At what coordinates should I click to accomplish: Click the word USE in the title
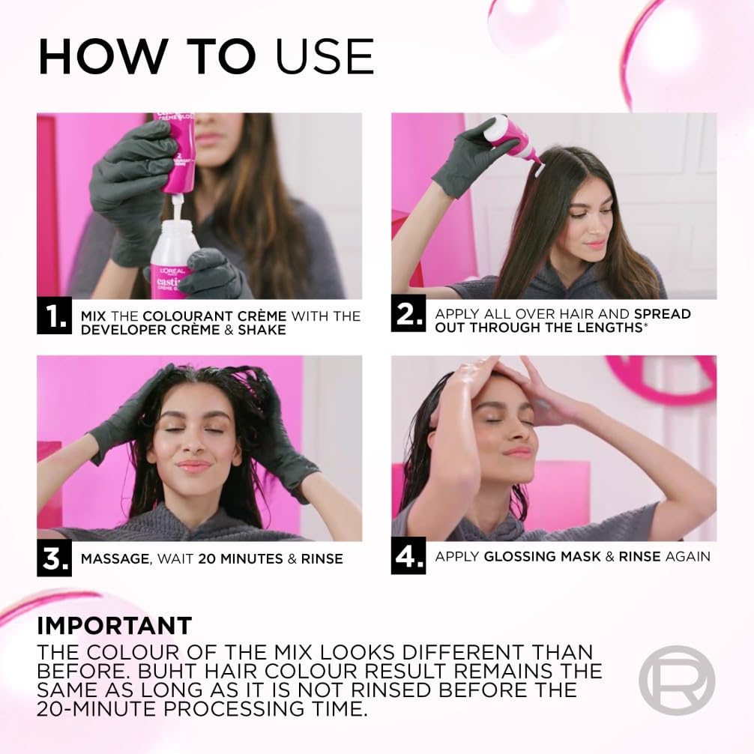325,55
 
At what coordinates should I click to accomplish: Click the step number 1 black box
55,316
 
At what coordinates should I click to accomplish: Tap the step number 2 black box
409,316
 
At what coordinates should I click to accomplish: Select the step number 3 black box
55,558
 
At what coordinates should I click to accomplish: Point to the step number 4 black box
409,556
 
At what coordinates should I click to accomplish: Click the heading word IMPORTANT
115,625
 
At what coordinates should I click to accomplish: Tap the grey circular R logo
676,681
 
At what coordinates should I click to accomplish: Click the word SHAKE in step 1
261,330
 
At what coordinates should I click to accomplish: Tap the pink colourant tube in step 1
174,150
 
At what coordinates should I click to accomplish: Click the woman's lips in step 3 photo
193,465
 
